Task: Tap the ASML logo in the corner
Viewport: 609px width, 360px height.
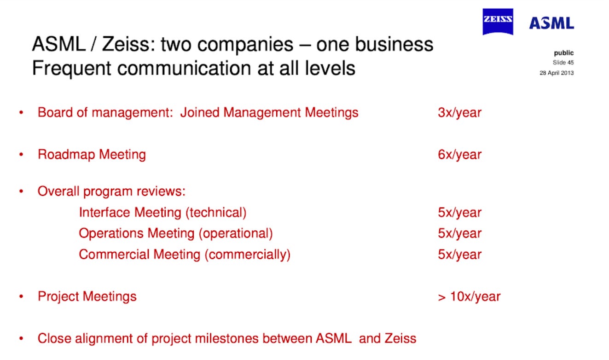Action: [551, 23]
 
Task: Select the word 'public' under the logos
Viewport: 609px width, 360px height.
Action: [564, 53]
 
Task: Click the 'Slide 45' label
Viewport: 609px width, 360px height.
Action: [563, 63]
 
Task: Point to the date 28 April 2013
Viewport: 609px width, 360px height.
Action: [557, 73]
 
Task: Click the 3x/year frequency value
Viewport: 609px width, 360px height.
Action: [459, 113]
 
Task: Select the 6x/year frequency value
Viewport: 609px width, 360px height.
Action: [459, 154]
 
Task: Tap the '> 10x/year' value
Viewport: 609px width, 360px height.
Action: [469, 296]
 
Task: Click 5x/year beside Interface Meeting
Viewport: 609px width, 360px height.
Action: [459, 213]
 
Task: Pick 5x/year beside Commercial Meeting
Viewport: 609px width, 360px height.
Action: [459, 255]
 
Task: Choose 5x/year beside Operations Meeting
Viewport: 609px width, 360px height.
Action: [459, 233]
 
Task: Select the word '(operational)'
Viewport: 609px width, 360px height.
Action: [235, 233]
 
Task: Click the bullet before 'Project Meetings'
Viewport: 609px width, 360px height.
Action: [21, 297]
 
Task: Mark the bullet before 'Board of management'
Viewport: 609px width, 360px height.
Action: [21, 113]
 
